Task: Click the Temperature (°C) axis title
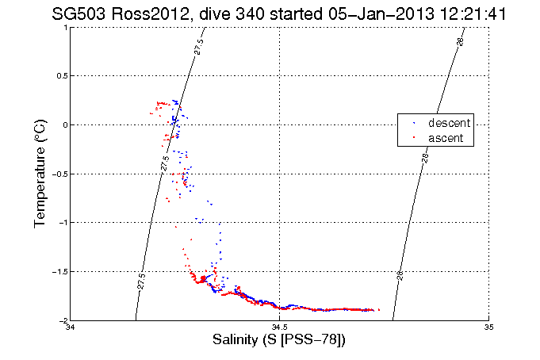(40, 174)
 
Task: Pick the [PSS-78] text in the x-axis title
(317, 340)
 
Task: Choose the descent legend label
(450, 123)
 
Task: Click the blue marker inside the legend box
(414, 124)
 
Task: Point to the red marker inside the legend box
(414, 138)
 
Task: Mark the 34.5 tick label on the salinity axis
(280, 327)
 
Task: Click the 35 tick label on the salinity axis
(488, 327)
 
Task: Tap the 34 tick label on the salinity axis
(71, 327)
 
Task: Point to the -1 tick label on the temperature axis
(63, 222)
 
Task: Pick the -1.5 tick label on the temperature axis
(59, 271)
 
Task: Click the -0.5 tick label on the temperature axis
(59, 174)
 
